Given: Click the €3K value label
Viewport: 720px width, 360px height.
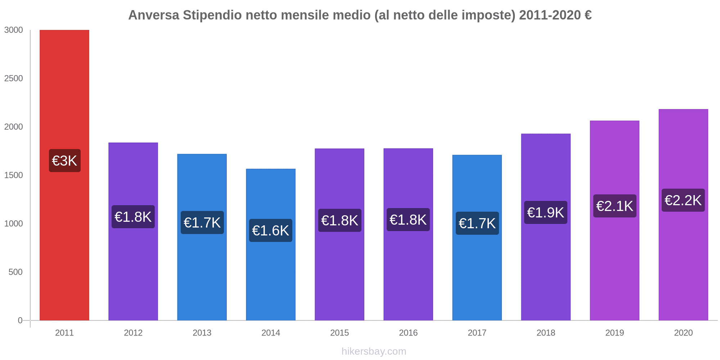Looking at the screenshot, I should pyautogui.click(x=65, y=161).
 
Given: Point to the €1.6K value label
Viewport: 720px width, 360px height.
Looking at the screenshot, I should pyautogui.click(x=271, y=230).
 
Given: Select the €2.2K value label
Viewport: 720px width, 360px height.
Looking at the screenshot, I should pyautogui.click(x=683, y=200).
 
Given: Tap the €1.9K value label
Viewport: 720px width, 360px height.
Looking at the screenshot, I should pyautogui.click(x=546, y=212).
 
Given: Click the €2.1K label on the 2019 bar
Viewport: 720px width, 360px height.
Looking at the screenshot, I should pyautogui.click(x=615, y=206).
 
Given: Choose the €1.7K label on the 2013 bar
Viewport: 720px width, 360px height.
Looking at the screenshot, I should pyautogui.click(x=202, y=222).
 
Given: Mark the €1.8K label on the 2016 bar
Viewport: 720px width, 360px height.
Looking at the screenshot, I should pyautogui.click(x=408, y=220).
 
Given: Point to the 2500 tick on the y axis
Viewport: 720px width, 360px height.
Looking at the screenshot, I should pyautogui.click(x=14, y=78).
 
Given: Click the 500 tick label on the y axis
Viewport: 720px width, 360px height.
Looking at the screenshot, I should pyautogui.click(x=16, y=272).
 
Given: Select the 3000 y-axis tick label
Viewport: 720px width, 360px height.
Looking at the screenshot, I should pyautogui.click(x=14, y=30).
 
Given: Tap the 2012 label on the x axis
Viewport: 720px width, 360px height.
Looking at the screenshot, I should pyautogui.click(x=133, y=333).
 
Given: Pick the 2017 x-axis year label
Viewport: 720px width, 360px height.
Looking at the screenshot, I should pyautogui.click(x=477, y=333).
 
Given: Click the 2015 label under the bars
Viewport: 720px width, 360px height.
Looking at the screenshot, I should pyautogui.click(x=339, y=333).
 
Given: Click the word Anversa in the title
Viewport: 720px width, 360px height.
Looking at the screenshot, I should pyautogui.click(x=154, y=15).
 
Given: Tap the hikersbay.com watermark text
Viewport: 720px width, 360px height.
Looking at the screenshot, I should pyautogui.click(x=374, y=351).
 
